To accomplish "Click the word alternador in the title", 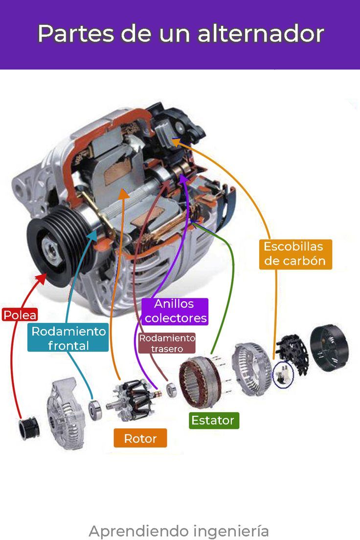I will (x=261, y=34).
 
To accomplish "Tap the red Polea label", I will (x=20, y=315).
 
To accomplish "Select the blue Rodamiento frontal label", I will (x=68, y=338).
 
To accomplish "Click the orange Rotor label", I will (x=140, y=438).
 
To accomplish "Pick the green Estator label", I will (x=213, y=420).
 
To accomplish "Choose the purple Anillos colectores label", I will (x=176, y=312).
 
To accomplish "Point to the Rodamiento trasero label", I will (x=167, y=343).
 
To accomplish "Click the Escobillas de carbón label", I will (x=295, y=253).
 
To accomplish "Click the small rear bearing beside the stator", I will (x=171, y=390).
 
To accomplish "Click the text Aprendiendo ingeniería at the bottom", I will (x=179, y=531).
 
